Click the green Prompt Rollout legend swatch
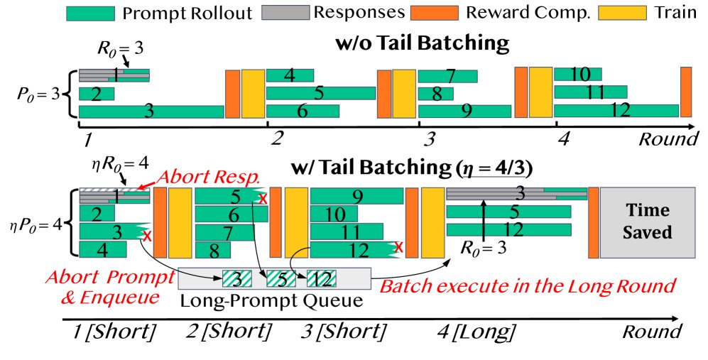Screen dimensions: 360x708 [91, 13]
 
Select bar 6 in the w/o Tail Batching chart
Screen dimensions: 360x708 [303, 111]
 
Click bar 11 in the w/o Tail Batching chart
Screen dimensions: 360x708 [590, 92]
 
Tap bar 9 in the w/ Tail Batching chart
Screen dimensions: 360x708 [356, 195]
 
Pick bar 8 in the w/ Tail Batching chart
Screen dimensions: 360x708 [212, 249]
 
